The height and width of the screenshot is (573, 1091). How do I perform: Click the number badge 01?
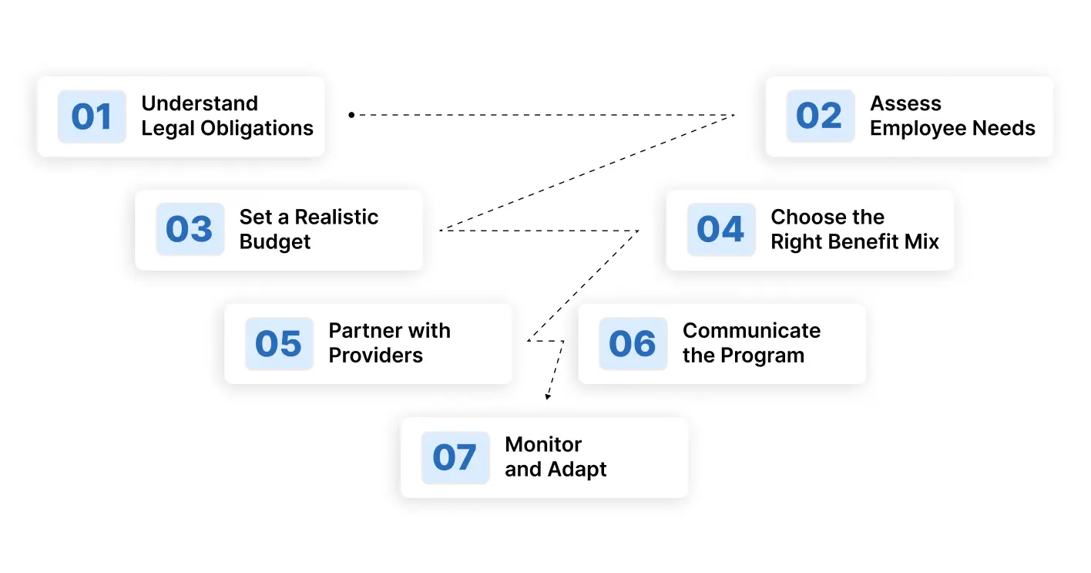click(x=92, y=116)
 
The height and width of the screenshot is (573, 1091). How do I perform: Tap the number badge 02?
click(x=821, y=116)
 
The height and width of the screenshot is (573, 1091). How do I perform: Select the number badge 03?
click(x=190, y=229)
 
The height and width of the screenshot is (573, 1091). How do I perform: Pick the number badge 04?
click(x=721, y=229)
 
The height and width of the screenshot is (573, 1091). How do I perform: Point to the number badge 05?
click(x=279, y=343)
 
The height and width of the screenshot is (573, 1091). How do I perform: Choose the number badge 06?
click(x=633, y=343)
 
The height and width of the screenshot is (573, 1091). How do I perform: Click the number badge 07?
click(x=455, y=457)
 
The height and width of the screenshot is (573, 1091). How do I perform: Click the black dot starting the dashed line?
click(x=351, y=115)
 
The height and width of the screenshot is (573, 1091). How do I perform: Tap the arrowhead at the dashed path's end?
click(x=548, y=396)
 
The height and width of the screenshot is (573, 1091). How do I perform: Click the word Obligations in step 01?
click(x=257, y=128)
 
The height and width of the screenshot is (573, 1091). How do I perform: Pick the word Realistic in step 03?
click(x=337, y=217)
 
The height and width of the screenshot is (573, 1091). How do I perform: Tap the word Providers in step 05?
click(x=375, y=356)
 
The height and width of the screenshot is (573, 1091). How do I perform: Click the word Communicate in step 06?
click(x=751, y=331)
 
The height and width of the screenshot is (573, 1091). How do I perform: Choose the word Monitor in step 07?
click(x=543, y=445)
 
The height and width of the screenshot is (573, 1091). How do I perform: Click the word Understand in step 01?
click(x=200, y=103)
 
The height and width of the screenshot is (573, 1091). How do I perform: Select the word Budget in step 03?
click(x=275, y=242)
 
